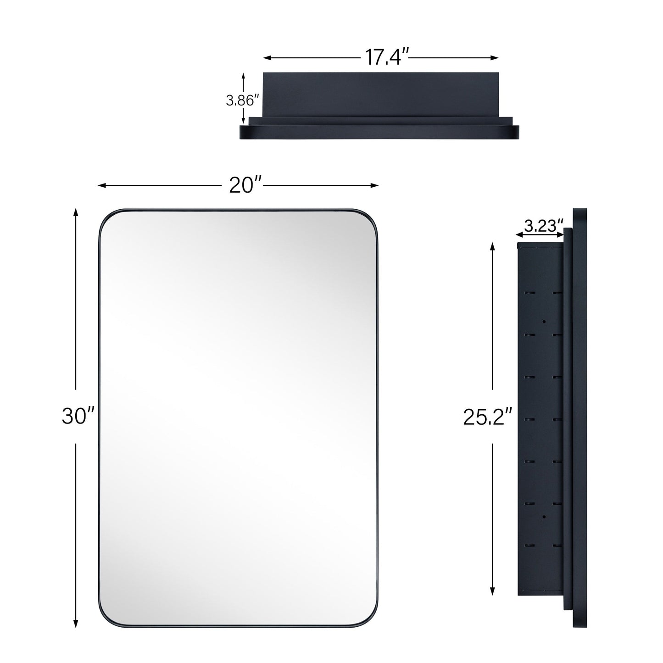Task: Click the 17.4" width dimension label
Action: (x=386, y=57)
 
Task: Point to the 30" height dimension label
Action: (x=78, y=417)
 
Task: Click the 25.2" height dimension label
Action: (x=487, y=417)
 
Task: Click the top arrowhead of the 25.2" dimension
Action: (x=492, y=246)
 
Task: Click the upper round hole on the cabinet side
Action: (x=543, y=322)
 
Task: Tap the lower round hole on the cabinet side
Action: (x=543, y=517)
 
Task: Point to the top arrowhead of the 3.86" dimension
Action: (x=243, y=75)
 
